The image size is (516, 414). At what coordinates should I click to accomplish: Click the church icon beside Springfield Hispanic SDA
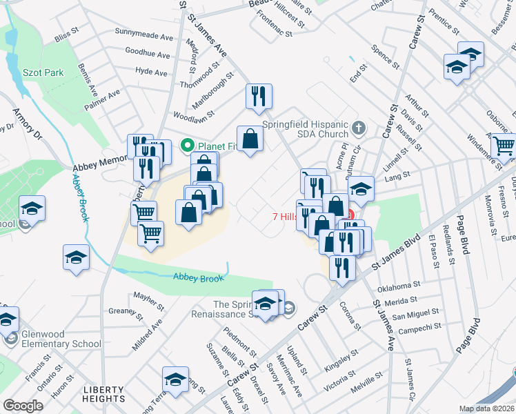point(358,128)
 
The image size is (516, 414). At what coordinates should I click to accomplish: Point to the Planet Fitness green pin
point(186,146)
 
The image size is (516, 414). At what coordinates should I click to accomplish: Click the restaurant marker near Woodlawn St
point(259,97)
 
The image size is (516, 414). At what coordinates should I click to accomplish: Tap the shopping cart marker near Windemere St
point(504,145)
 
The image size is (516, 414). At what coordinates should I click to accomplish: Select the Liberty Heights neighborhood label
point(104,394)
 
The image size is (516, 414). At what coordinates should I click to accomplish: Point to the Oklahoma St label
point(399,285)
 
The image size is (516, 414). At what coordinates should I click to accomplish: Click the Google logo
point(23,406)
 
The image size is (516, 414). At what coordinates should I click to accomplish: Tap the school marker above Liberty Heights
point(175,379)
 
